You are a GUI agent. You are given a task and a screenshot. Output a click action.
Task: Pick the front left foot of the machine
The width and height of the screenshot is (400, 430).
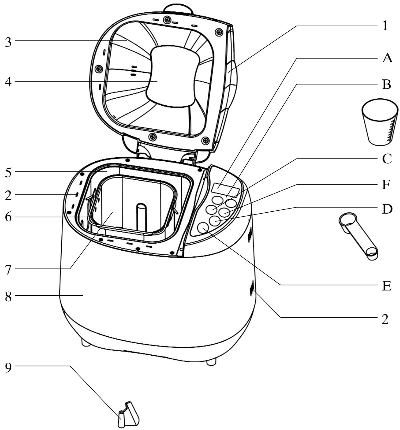(x=85, y=342)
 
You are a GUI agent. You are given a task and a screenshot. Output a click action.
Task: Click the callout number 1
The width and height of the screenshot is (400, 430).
(x=385, y=26)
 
